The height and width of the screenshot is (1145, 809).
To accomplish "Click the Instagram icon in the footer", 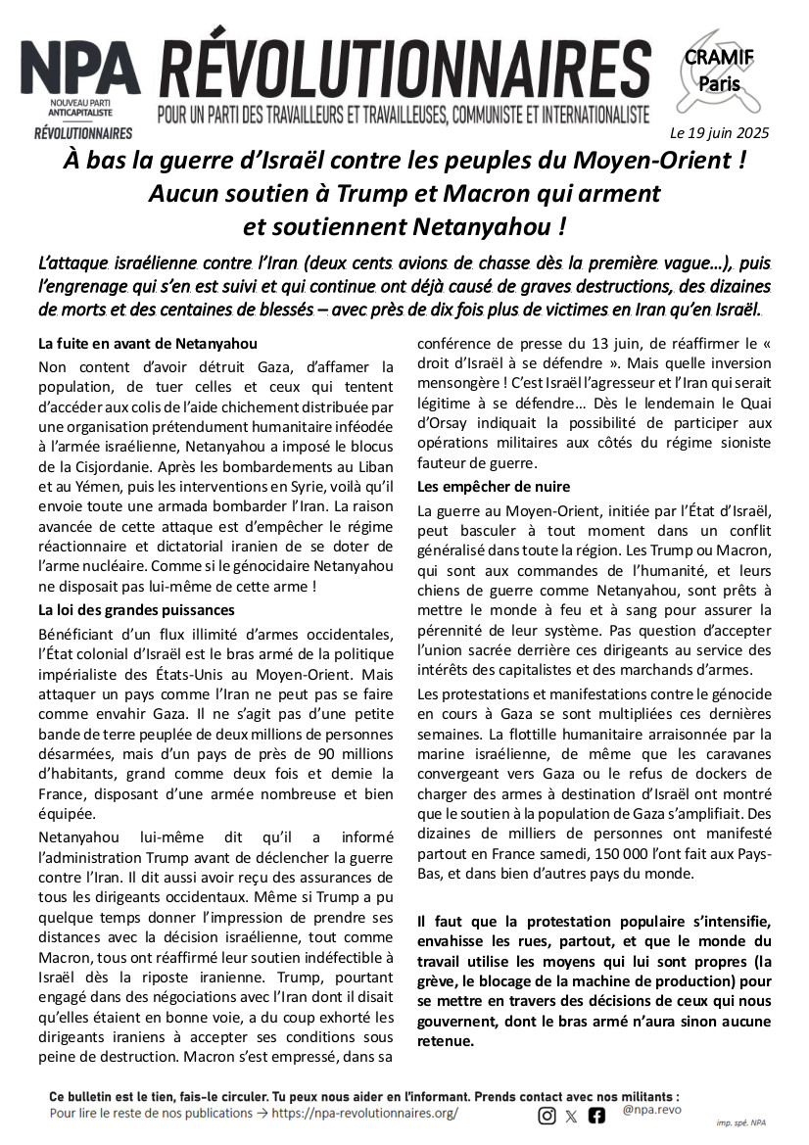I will coord(547,1115).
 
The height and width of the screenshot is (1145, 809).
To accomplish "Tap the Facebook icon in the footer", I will coord(596,1115).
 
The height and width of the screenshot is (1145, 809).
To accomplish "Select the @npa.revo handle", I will coord(651,1110).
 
